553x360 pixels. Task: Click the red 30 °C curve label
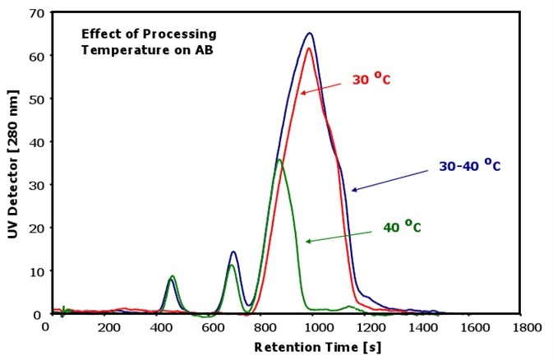pyautogui.click(x=372, y=80)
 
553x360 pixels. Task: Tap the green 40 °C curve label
pyautogui.click(x=402, y=227)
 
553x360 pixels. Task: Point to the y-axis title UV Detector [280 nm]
pyautogui.click(x=13, y=164)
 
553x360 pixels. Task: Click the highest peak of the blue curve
pyautogui.click(x=310, y=34)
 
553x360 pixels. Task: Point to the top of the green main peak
pyautogui.click(x=279, y=159)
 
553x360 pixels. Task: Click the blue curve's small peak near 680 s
pyautogui.click(x=233, y=252)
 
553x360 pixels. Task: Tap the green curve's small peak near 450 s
pyautogui.click(x=173, y=276)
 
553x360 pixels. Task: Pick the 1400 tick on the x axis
pyautogui.click(x=422, y=326)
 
